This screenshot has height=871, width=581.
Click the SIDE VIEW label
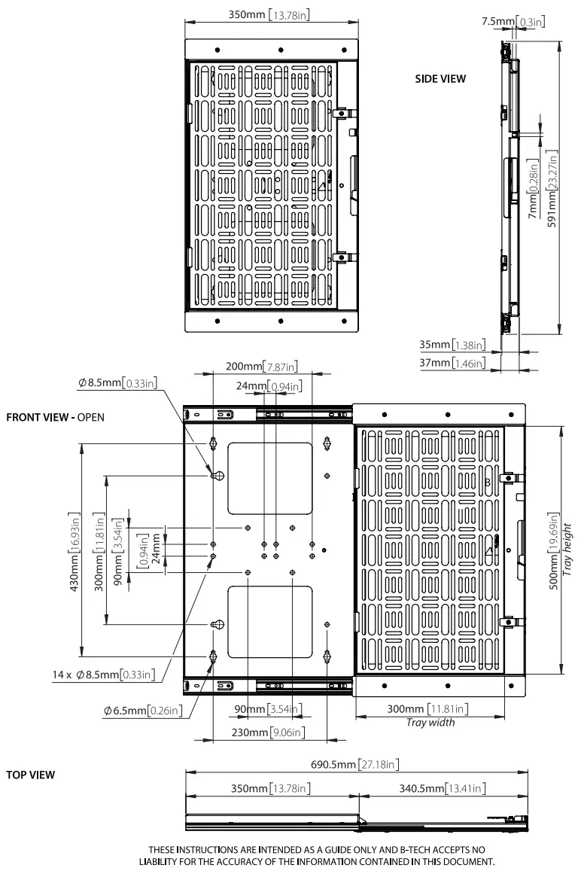pos(440,78)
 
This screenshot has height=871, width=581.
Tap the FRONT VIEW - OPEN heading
pos(55,417)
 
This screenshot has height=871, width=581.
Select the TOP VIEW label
pos(30,775)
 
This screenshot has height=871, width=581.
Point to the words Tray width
pos(430,722)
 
